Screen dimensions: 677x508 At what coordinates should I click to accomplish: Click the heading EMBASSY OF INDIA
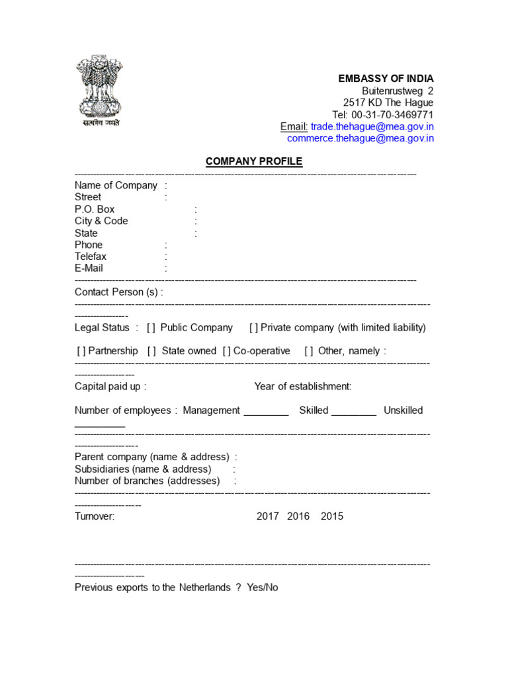pyautogui.click(x=386, y=79)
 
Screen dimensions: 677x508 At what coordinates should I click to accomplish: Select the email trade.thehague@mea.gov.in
pyautogui.click(x=372, y=126)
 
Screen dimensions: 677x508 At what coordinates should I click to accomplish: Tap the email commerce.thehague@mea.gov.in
pyautogui.click(x=360, y=138)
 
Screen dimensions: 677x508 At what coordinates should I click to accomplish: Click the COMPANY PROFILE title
pyautogui.click(x=254, y=161)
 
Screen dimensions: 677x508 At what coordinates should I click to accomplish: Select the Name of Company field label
pyautogui.click(x=116, y=185)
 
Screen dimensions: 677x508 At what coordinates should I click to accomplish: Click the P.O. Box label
pyautogui.click(x=95, y=209)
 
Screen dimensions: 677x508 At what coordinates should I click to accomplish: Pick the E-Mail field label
pyautogui.click(x=89, y=268)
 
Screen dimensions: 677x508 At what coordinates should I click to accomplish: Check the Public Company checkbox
pyautogui.click(x=151, y=328)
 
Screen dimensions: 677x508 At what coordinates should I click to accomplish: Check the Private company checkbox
pyautogui.click(x=253, y=328)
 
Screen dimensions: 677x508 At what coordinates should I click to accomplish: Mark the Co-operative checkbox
pyautogui.click(x=227, y=351)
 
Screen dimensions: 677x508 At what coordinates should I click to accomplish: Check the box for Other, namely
pyautogui.click(x=309, y=351)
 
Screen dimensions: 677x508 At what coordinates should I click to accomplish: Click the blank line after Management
pyautogui.click(x=266, y=414)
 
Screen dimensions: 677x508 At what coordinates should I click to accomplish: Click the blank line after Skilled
pyautogui.click(x=353, y=414)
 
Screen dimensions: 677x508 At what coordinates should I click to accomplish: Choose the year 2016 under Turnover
pyautogui.click(x=298, y=516)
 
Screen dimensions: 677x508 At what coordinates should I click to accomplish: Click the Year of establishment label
pyautogui.click(x=303, y=386)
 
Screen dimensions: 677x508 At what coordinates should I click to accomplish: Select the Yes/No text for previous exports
pyautogui.click(x=263, y=587)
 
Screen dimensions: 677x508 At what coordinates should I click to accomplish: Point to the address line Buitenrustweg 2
pyautogui.click(x=398, y=91)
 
